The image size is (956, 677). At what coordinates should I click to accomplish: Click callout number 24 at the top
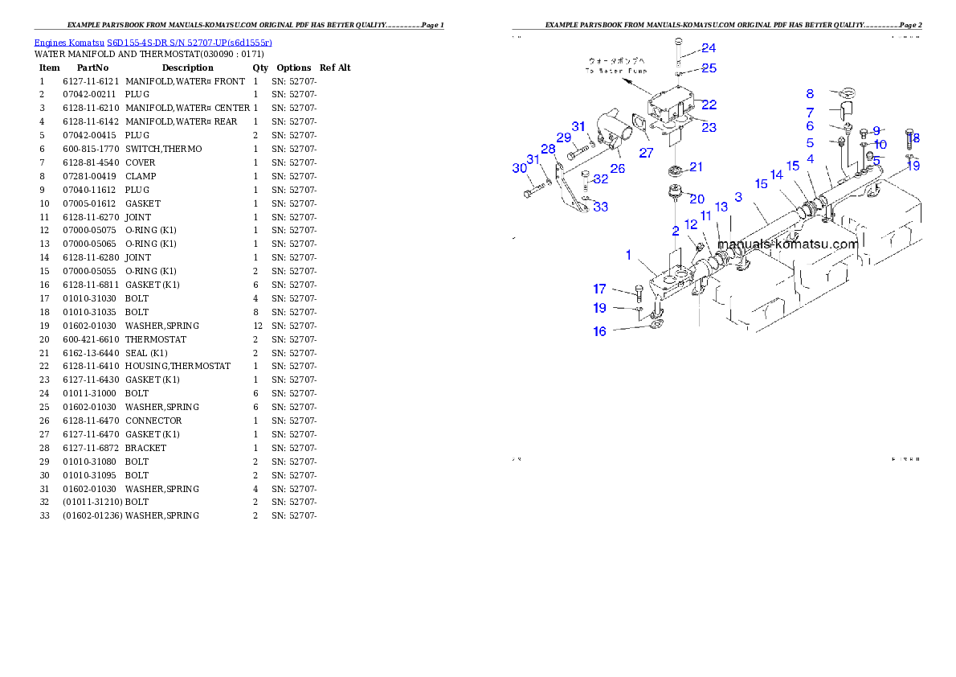[x=708, y=48]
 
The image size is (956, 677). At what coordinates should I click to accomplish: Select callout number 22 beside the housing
[x=709, y=105]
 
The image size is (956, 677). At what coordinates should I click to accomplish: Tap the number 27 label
[x=646, y=153]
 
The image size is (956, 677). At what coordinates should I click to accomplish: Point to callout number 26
[x=617, y=169]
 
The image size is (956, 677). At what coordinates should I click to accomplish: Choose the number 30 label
[x=519, y=168]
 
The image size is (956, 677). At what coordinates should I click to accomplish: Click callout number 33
[x=600, y=207]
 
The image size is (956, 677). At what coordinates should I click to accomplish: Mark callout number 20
[x=696, y=199]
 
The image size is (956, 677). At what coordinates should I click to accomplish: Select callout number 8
[x=810, y=95]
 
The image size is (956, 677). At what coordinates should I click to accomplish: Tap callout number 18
[x=913, y=138]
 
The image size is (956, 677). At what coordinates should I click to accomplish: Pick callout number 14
[x=776, y=175]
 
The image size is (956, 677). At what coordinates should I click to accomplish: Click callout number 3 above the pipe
[x=737, y=197]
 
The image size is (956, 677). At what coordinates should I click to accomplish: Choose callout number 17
[x=599, y=289]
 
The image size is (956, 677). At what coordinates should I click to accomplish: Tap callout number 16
[x=599, y=331]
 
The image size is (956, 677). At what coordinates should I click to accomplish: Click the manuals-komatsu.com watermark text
[x=787, y=244]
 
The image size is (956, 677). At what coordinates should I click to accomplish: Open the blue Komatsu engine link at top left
[x=153, y=42]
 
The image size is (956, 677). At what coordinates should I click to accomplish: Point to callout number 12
[x=691, y=225]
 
